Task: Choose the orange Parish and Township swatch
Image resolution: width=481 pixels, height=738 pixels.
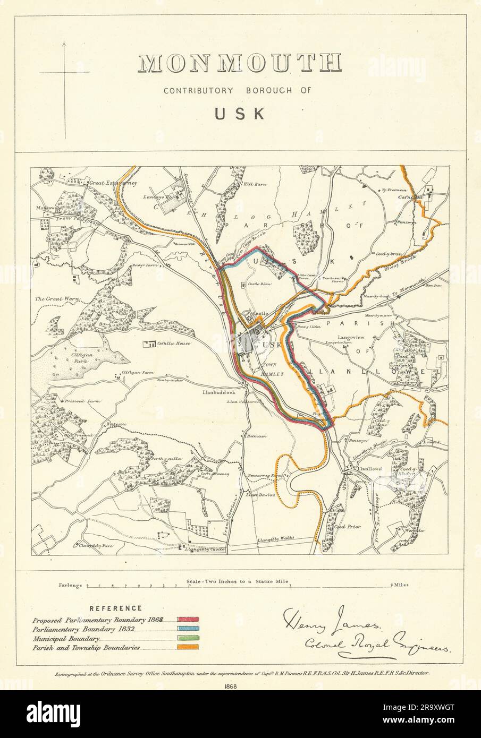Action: pyautogui.click(x=188, y=647)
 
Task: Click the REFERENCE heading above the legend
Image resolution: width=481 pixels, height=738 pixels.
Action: pyautogui.click(x=115, y=608)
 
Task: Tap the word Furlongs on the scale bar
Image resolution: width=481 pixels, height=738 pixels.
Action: pyautogui.click(x=71, y=586)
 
